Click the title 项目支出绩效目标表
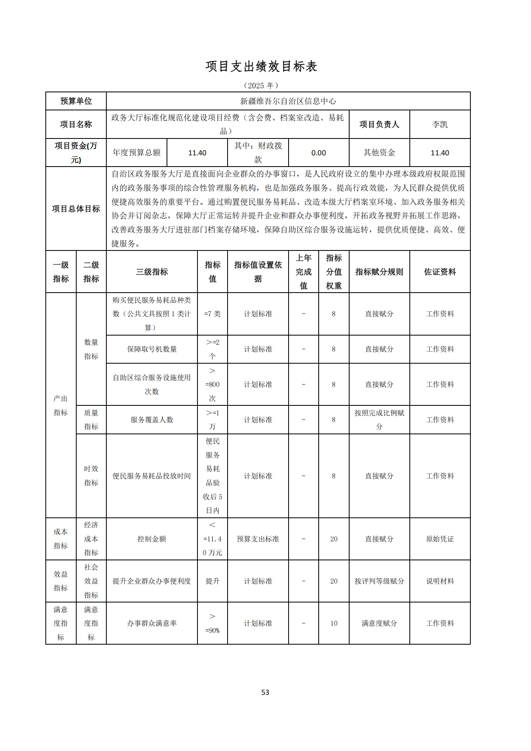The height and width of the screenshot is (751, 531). pyautogui.click(x=261, y=67)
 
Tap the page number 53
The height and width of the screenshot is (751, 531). pyautogui.click(x=265, y=692)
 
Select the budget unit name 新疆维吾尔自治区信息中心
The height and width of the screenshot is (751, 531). pyautogui.click(x=288, y=101)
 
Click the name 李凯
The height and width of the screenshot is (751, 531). pyautogui.click(x=439, y=124)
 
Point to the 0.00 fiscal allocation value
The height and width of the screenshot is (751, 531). pyautogui.click(x=318, y=153)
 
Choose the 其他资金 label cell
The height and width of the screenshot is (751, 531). pyautogui.click(x=379, y=153)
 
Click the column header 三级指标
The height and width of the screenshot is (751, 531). pyautogui.click(x=152, y=272)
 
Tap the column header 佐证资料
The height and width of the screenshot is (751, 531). pyautogui.click(x=439, y=272)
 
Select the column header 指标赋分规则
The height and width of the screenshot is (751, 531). pyautogui.click(x=379, y=272)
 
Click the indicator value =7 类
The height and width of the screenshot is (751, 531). pyautogui.click(x=212, y=314)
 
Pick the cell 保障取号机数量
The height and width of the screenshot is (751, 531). pyautogui.click(x=152, y=349)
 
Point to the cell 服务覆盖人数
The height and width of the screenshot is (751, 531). pyautogui.click(x=152, y=420)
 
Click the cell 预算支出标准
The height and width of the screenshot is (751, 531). pyautogui.click(x=258, y=539)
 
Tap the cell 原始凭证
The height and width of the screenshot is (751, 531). pyautogui.click(x=439, y=539)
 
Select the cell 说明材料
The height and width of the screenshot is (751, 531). pyautogui.click(x=439, y=581)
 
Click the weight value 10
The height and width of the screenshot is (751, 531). pyautogui.click(x=334, y=623)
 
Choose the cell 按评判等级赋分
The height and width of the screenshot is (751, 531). pyautogui.click(x=379, y=581)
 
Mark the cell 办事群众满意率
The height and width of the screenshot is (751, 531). pyautogui.click(x=152, y=623)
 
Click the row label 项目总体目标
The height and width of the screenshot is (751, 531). pyautogui.click(x=76, y=209)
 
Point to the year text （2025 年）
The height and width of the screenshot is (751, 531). pyautogui.click(x=261, y=85)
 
